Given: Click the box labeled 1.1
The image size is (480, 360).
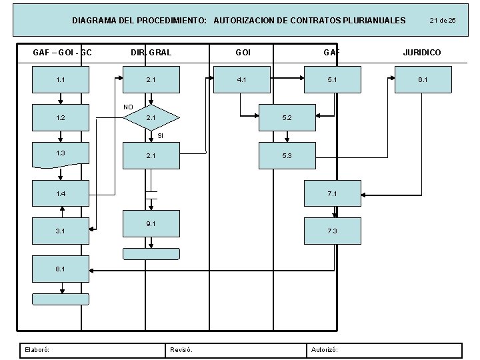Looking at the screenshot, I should click(61, 80).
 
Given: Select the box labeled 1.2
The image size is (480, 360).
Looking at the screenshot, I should click(61, 118).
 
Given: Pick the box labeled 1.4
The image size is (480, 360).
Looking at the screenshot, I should click(61, 193).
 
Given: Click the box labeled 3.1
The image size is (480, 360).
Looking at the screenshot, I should click(61, 231).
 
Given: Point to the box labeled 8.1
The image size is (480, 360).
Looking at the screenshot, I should click(61, 269).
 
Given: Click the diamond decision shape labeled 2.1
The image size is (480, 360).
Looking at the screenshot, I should click(152, 118).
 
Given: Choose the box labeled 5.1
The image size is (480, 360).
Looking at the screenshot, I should click(332, 80).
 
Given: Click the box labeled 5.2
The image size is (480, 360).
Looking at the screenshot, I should click(287, 118).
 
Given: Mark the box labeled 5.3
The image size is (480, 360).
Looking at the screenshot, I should click(287, 156).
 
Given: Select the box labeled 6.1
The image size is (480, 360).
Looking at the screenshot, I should click(423, 80).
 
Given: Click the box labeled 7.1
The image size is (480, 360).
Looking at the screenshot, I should click(332, 193).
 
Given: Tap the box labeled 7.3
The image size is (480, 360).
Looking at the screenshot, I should click(332, 231).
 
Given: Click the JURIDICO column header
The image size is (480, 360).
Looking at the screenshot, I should click(422, 52).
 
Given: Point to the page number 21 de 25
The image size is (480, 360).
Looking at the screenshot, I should click(443, 21).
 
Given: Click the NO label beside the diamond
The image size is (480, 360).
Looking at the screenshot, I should click(129, 107).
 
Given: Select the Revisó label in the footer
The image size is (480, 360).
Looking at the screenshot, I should click(181, 349).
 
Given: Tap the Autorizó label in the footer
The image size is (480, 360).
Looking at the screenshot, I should click(324, 349).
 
